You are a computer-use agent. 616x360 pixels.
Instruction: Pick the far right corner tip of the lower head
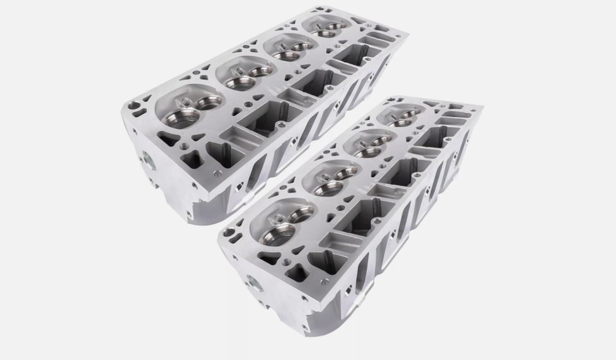click(x=483, y=107)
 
